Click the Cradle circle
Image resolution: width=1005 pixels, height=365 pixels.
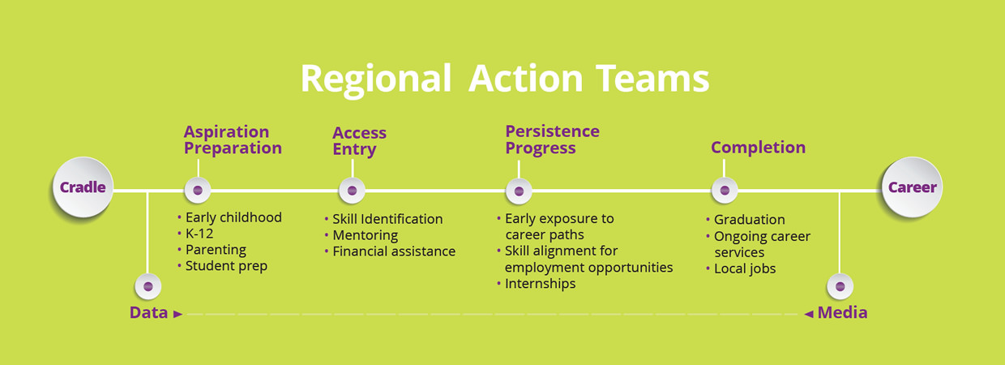(83, 187)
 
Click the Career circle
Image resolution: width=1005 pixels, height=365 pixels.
(912, 187)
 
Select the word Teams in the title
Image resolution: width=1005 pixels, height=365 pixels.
(652, 79)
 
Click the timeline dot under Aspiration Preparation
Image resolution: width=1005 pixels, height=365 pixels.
(198, 191)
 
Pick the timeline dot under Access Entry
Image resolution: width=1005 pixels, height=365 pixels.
(353, 191)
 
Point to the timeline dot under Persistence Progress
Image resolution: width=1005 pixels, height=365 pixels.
(519, 191)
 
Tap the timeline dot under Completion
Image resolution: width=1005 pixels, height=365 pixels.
(725, 191)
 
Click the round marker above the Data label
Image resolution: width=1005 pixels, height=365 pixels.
(148, 286)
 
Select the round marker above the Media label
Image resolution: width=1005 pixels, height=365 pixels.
(840, 286)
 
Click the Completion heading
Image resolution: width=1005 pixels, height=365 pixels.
(759, 148)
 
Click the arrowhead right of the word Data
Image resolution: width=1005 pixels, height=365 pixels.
(178, 314)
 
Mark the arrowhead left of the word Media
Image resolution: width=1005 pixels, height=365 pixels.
(809, 314)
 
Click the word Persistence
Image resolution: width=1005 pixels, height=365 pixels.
(552, 131)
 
